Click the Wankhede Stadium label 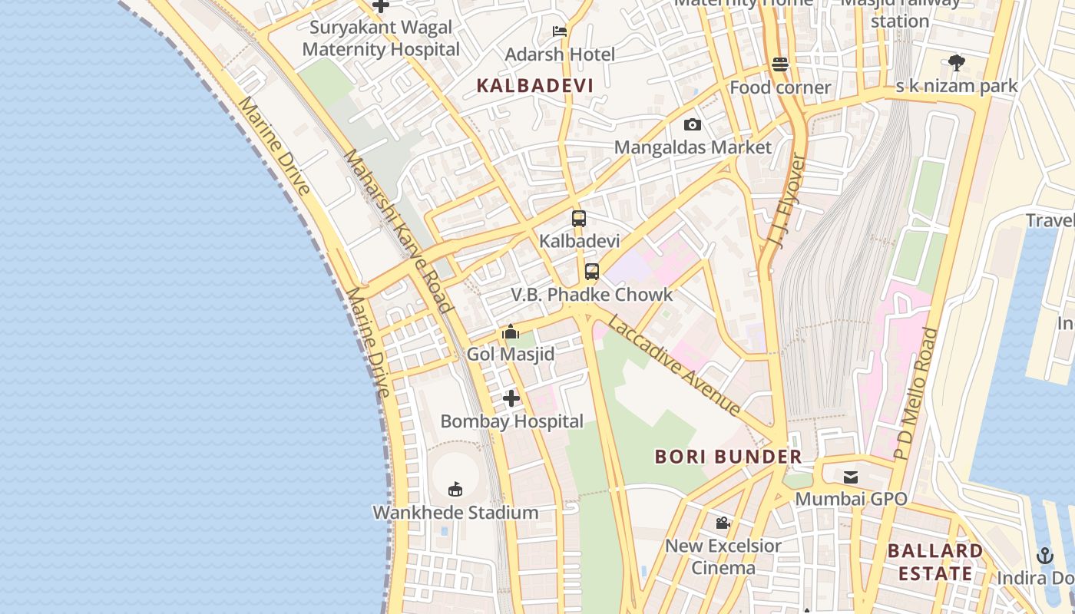coord(455,512)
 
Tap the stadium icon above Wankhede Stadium coord(455,489)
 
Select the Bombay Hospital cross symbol coord(511,398)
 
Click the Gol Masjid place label coord(511,355)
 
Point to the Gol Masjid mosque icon coord(511,332)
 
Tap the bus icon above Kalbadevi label coord(579,219)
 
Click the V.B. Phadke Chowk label coord(591,295)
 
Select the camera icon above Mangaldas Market coord(692,124)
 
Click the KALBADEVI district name coord(535,85)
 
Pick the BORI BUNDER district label coord(728,457)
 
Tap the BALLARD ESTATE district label coord(935,562)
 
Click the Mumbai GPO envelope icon coord(851,477)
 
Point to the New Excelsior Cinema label coord(723,556)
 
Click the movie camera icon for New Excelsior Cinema coord(723,523)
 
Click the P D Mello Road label coord(917,393)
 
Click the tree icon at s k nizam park coord(956,62)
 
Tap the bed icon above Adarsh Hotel coord(560,31)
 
